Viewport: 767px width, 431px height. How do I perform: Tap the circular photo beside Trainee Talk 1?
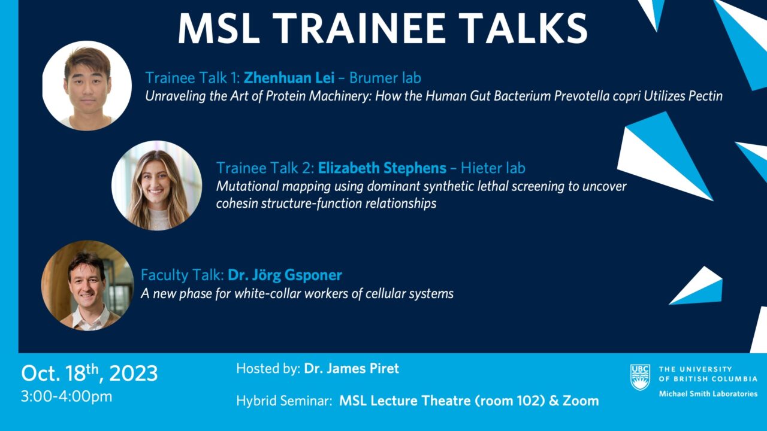coord(87,86)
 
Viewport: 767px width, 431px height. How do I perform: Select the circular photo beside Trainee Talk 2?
coord(156,186)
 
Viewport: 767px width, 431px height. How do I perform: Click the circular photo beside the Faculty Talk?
coord(87,286)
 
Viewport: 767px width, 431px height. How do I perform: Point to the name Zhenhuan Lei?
coord(289,78)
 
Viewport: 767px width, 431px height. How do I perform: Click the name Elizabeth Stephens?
coord(382,168)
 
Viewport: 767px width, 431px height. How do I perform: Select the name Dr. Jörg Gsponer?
coord(285,275)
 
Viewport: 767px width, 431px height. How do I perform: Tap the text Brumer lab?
coord(385,78)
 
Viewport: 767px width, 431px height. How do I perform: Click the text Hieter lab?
coord(493,168)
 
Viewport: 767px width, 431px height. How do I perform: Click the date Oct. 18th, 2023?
coord(89,372)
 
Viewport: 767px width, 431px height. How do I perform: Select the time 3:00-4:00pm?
coord(67,397)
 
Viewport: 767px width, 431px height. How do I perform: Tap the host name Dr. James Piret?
coord(351,368)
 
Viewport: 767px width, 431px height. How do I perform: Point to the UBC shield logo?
coord(641,377)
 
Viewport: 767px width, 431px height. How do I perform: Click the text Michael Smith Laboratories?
coord(708,394)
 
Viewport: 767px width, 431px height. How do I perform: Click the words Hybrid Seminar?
coord(284,401)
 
